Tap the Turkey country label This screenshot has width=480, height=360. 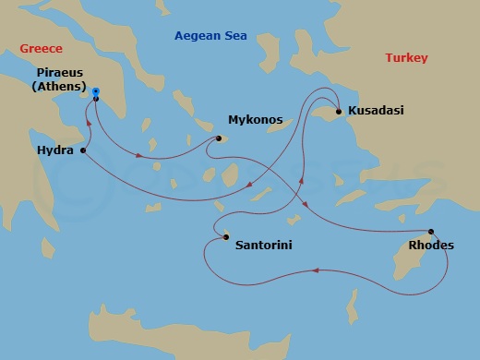(x=406, y=58)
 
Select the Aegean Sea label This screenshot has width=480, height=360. (x=211, y=36)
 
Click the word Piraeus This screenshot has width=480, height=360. (x=63, y=70)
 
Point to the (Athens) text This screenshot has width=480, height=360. (x=63, y=87)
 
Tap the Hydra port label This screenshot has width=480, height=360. (x=55, y=149)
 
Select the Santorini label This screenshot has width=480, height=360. (x=266, y=246)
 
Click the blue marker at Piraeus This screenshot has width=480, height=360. (x=96, y=92)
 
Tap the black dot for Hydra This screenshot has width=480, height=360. (x=84, y=150)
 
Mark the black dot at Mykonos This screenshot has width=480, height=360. (x=219, y=139)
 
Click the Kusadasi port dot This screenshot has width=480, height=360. (x=339, y=112)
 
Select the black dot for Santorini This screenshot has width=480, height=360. (x=225, y=238)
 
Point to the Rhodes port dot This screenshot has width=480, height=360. (x=431, y=231)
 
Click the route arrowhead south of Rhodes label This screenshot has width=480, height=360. (x=316, y=270)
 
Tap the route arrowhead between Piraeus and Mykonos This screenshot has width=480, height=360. (x=138, y=156)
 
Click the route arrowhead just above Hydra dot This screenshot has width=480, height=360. (x=90, y=130)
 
